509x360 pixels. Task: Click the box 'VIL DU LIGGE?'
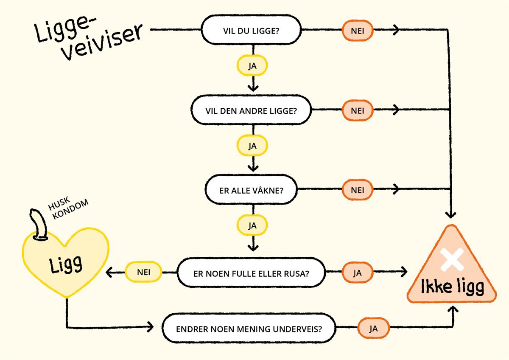(x=251, y=31)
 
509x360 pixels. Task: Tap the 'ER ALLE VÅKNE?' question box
(x=251, y=189)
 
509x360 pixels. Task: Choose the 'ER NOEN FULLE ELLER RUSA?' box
(x=251, y=272)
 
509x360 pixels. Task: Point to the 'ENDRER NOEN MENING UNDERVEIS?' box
(x=249, y=329)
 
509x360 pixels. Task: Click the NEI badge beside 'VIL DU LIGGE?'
(x=357, y=31)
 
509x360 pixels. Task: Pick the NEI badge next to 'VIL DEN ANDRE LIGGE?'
(x=357, y=110)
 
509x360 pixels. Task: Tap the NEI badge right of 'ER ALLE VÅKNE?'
(x=357, y=189)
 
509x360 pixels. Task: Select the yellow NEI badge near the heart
(x=143, y=272)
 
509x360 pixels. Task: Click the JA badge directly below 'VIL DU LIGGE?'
(x=252, y=66)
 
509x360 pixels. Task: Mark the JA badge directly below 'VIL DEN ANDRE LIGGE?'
(x=252, y=146)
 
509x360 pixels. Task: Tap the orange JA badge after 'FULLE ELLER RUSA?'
(x=357, y=272)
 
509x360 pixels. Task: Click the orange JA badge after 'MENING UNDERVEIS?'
(x=373, y=329)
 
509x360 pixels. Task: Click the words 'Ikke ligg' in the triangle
(x=452, y=287)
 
